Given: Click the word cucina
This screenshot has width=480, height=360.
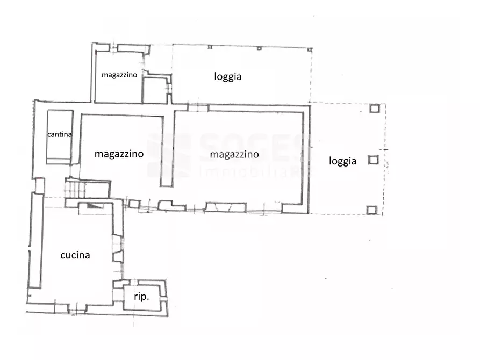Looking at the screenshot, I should coord(75,256).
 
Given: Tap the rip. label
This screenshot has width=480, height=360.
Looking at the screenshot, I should coord(141,297).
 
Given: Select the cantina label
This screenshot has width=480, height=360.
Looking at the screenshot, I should coord(60,134).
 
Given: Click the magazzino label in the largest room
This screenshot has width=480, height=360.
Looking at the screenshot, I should coord(234,155).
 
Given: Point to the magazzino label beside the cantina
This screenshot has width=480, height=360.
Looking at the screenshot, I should coord(119,154).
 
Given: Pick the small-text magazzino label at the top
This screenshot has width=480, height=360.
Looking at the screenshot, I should coord(119,75).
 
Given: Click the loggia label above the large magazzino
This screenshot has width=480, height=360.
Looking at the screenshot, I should coord(228,77).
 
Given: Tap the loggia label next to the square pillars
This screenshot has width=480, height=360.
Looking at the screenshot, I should coord(343,161).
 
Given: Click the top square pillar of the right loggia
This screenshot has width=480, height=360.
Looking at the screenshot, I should coord(375,109).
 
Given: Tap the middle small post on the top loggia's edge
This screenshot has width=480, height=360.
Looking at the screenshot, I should coord(259,48).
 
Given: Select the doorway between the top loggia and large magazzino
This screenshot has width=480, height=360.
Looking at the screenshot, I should coord(197,107).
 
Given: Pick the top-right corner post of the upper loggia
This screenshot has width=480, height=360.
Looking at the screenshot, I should coord(310,49).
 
